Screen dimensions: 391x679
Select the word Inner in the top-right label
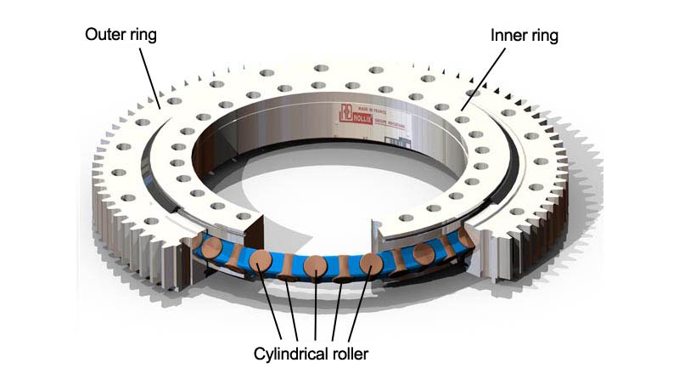[x=509, y=37]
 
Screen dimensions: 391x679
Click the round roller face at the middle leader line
[x=315, y=266]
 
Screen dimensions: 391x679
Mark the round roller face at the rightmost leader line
[x=370, y=264]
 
